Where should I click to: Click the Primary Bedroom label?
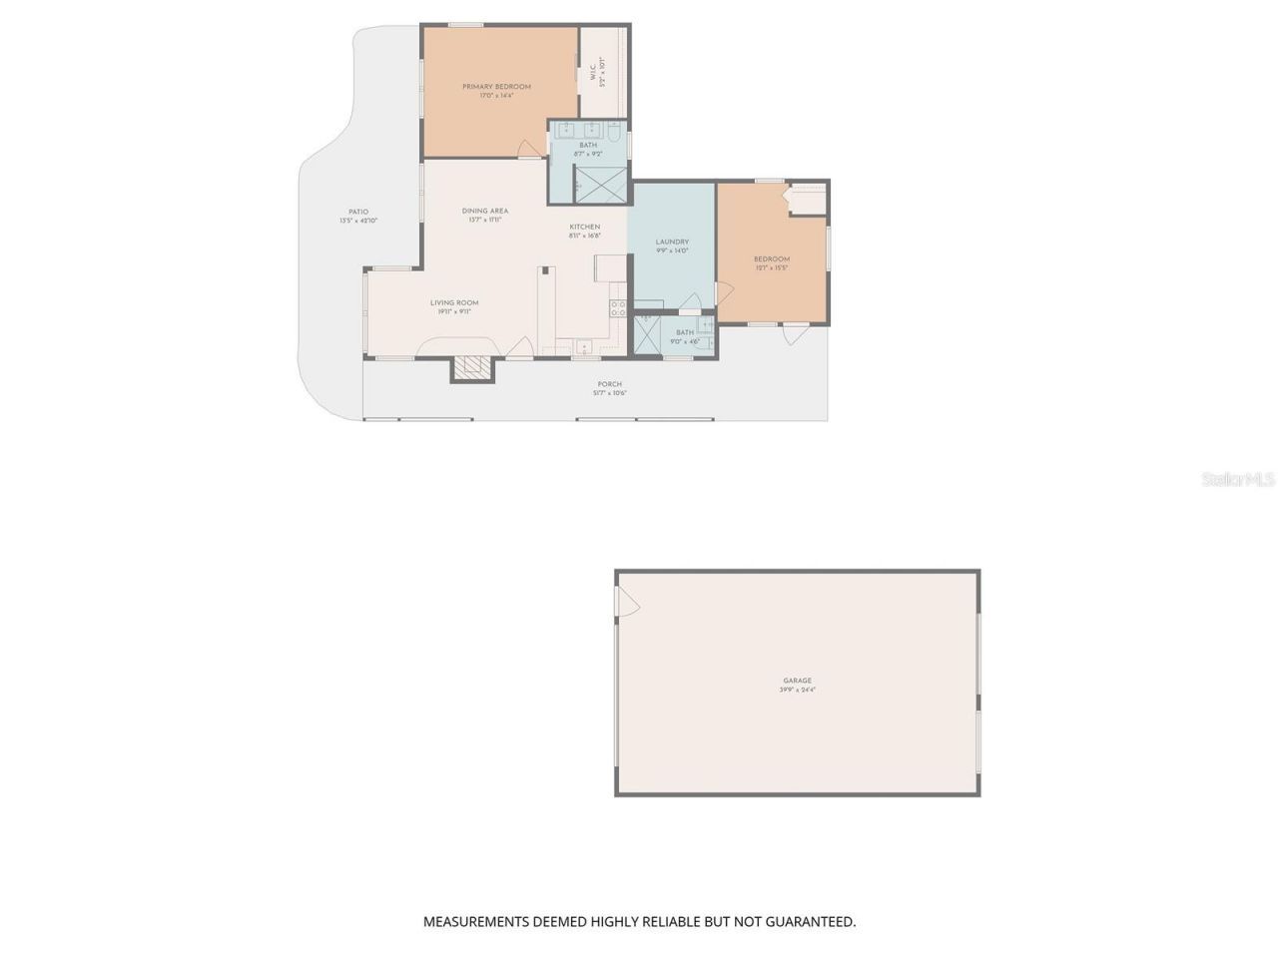click(x=496, y=87)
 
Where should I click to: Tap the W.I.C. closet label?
click(x=593, y=72)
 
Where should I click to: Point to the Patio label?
click(x=358, y=212)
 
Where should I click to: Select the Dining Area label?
click(x=485, y=211)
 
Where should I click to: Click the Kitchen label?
click(x=585, y=227)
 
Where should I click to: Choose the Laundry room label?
click(x=672, y=242)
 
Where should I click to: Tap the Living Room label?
click(x=454, y=302)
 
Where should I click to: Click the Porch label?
click(x=609, y=384)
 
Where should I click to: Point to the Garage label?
click(x=797, y=681)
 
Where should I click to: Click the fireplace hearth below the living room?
click(x=472, y=368)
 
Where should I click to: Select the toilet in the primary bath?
click(x=615, y=131)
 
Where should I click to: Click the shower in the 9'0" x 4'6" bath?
click(x=647, y=337)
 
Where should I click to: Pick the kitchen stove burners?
click(x=618, y=308)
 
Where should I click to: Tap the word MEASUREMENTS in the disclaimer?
click(x=476, y=922)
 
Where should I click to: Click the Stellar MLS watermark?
click(x=1238, y=480)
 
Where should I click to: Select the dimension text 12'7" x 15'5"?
click(x=771, y=267)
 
